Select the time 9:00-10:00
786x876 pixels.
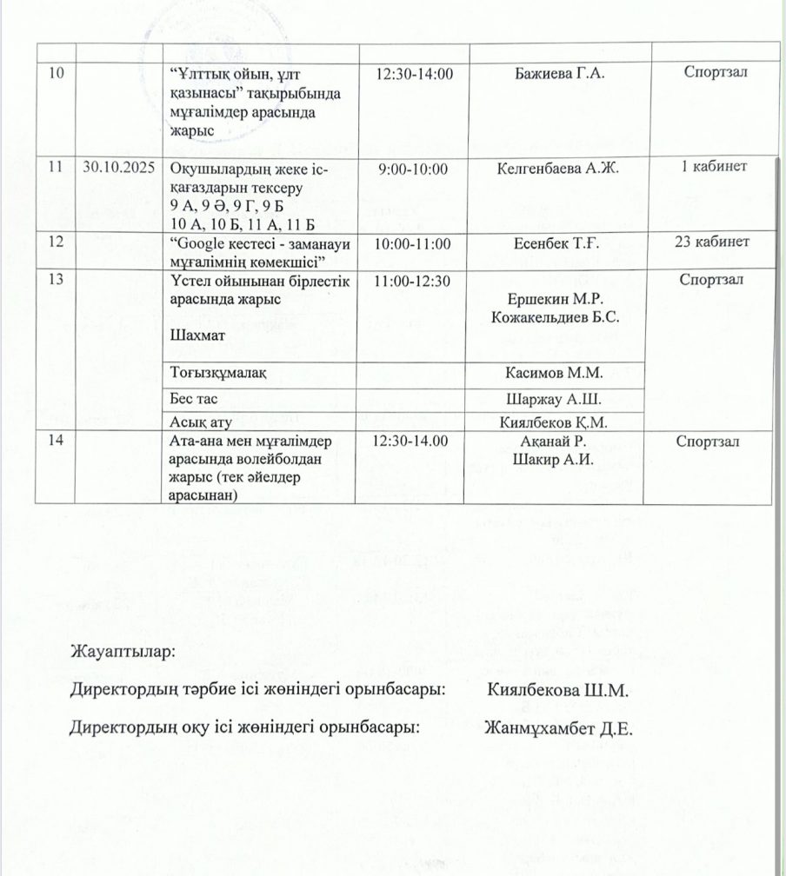(x=408, y=169)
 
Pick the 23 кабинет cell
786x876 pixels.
(x=712, y=242)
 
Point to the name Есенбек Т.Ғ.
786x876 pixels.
(x=554, y=242)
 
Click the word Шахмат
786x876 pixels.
(x=196, y=335)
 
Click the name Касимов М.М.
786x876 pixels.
(x=554, y=374)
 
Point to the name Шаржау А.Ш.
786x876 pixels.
(x=554, y=399)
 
